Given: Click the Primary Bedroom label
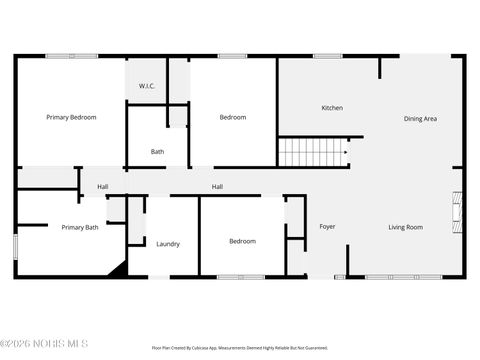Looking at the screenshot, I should coord(71,118).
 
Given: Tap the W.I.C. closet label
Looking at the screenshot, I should coord(146,87).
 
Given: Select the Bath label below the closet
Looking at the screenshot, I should coord(157,152).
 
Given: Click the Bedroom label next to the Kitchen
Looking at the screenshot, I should coord(232,118).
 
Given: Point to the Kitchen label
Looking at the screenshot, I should coord(332,108).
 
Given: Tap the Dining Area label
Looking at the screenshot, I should coord(420,119).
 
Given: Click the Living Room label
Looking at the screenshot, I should coord(405,227).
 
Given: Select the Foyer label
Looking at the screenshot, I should coord(327,227).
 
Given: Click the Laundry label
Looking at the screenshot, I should coord(167,243).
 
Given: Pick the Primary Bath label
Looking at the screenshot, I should coord(80,227).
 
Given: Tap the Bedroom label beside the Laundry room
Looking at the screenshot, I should coord(242,241).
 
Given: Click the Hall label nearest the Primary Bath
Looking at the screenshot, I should coord(102,187).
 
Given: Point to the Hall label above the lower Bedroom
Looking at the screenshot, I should coord(217,187).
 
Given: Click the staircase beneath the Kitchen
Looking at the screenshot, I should coord(312,153).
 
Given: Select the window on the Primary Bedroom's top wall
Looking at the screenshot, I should coord(71,56).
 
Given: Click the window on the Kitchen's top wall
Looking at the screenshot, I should coord(327,56).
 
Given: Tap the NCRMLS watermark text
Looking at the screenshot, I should coord(44,345).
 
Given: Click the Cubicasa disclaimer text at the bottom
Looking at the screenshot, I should coord(239,348).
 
